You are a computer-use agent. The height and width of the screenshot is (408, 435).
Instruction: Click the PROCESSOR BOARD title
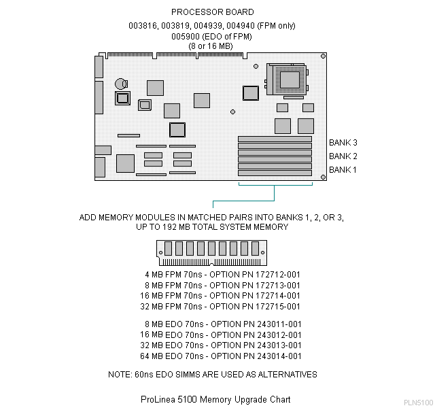[x=212, y=12]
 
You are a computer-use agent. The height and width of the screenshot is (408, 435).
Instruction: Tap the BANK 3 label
[x=343, y=143]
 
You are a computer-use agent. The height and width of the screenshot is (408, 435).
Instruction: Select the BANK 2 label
[x=343, y=156]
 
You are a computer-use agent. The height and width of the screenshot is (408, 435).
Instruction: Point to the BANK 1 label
[x=343, y=169]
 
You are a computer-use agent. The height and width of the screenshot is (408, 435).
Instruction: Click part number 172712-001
[x=275, y=274]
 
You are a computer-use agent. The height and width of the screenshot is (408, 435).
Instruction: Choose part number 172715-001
[x=275, y=307]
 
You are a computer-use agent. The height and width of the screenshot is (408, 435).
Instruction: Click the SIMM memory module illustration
[x=212, y=252]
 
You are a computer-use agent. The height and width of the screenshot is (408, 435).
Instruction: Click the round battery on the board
[x=120, y=83]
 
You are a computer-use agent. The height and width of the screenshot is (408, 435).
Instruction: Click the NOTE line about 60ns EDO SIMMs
[x=212, y=375]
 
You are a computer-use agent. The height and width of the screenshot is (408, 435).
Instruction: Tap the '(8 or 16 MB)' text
[x=212, y=46]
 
